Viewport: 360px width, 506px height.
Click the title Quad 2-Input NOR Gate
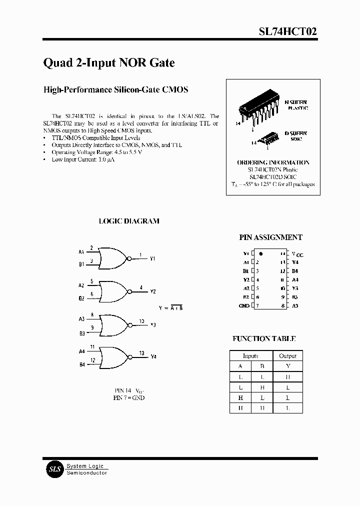click(109, 63)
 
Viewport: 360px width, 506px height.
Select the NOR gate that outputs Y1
click(114, 258)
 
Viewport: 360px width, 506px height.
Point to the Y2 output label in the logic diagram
click(153, 291)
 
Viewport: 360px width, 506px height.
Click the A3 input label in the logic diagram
click(81, 318)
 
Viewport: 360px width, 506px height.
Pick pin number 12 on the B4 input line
click(92, 360)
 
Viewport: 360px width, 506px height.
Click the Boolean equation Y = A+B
click(170, 307)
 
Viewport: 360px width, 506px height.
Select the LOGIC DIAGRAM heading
click(129, 221)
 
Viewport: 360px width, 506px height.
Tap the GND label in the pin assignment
click(244, 305)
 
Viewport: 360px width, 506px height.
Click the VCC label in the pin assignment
click(297, 254)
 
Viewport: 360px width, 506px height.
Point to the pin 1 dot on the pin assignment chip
click(261, 253)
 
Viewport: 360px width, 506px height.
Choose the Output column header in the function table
click(287, 356)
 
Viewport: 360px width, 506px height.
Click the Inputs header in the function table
click(250, 356)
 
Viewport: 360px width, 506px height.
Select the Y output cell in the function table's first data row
click(287, 376)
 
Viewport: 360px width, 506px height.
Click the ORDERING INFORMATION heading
click(272, 162)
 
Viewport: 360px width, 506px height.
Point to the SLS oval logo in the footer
click(53, 469)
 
